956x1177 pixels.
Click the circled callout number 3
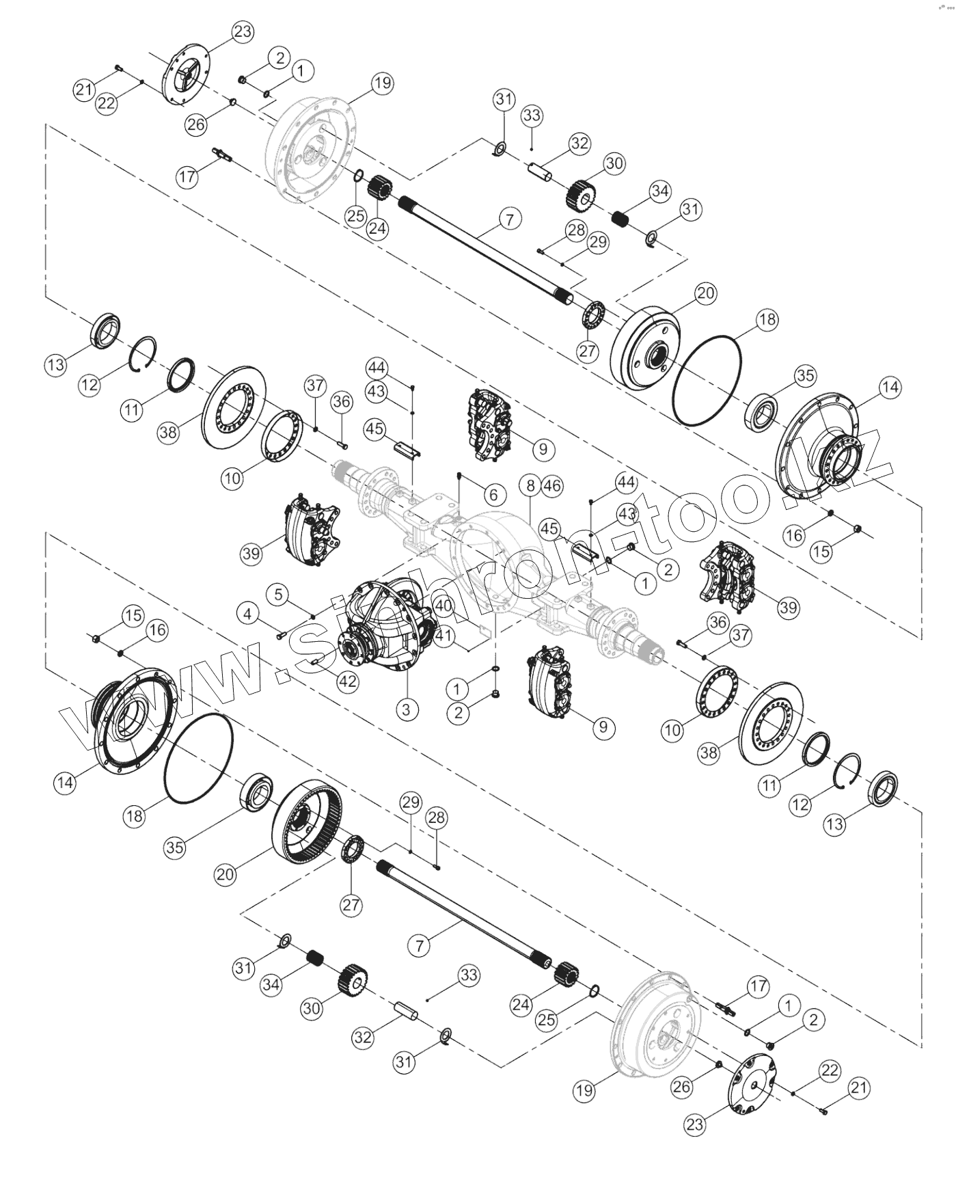[406, 709]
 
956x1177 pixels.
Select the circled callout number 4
[248, 614]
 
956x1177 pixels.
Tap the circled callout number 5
[277, 594]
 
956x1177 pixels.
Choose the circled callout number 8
[530, 486]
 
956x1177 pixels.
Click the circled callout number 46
[552, 486]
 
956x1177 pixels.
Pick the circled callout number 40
[443, 606]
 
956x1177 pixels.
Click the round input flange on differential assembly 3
[351, 649]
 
